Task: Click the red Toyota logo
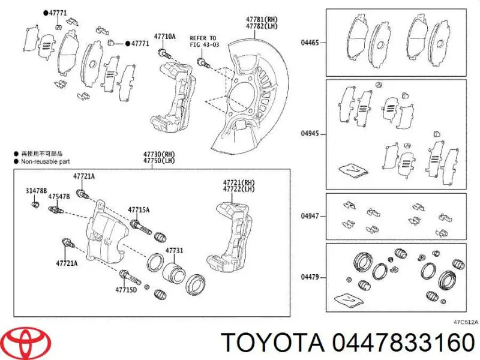[26, 342]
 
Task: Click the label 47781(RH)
[262, 19]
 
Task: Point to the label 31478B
[37, 191]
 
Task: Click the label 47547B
[59, 196]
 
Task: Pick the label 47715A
[139, 209]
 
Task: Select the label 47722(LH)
[238, 189]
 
